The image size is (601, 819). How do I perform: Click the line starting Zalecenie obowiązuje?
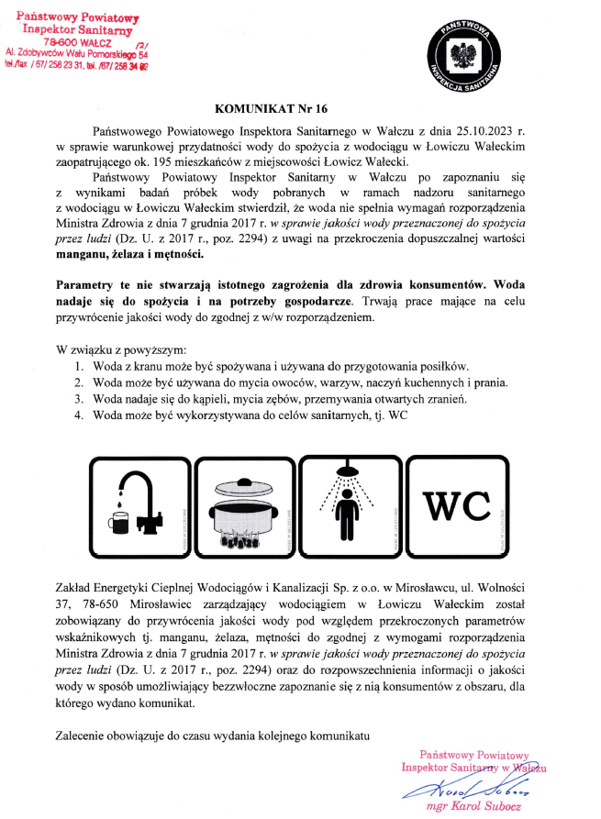(212, 736)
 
